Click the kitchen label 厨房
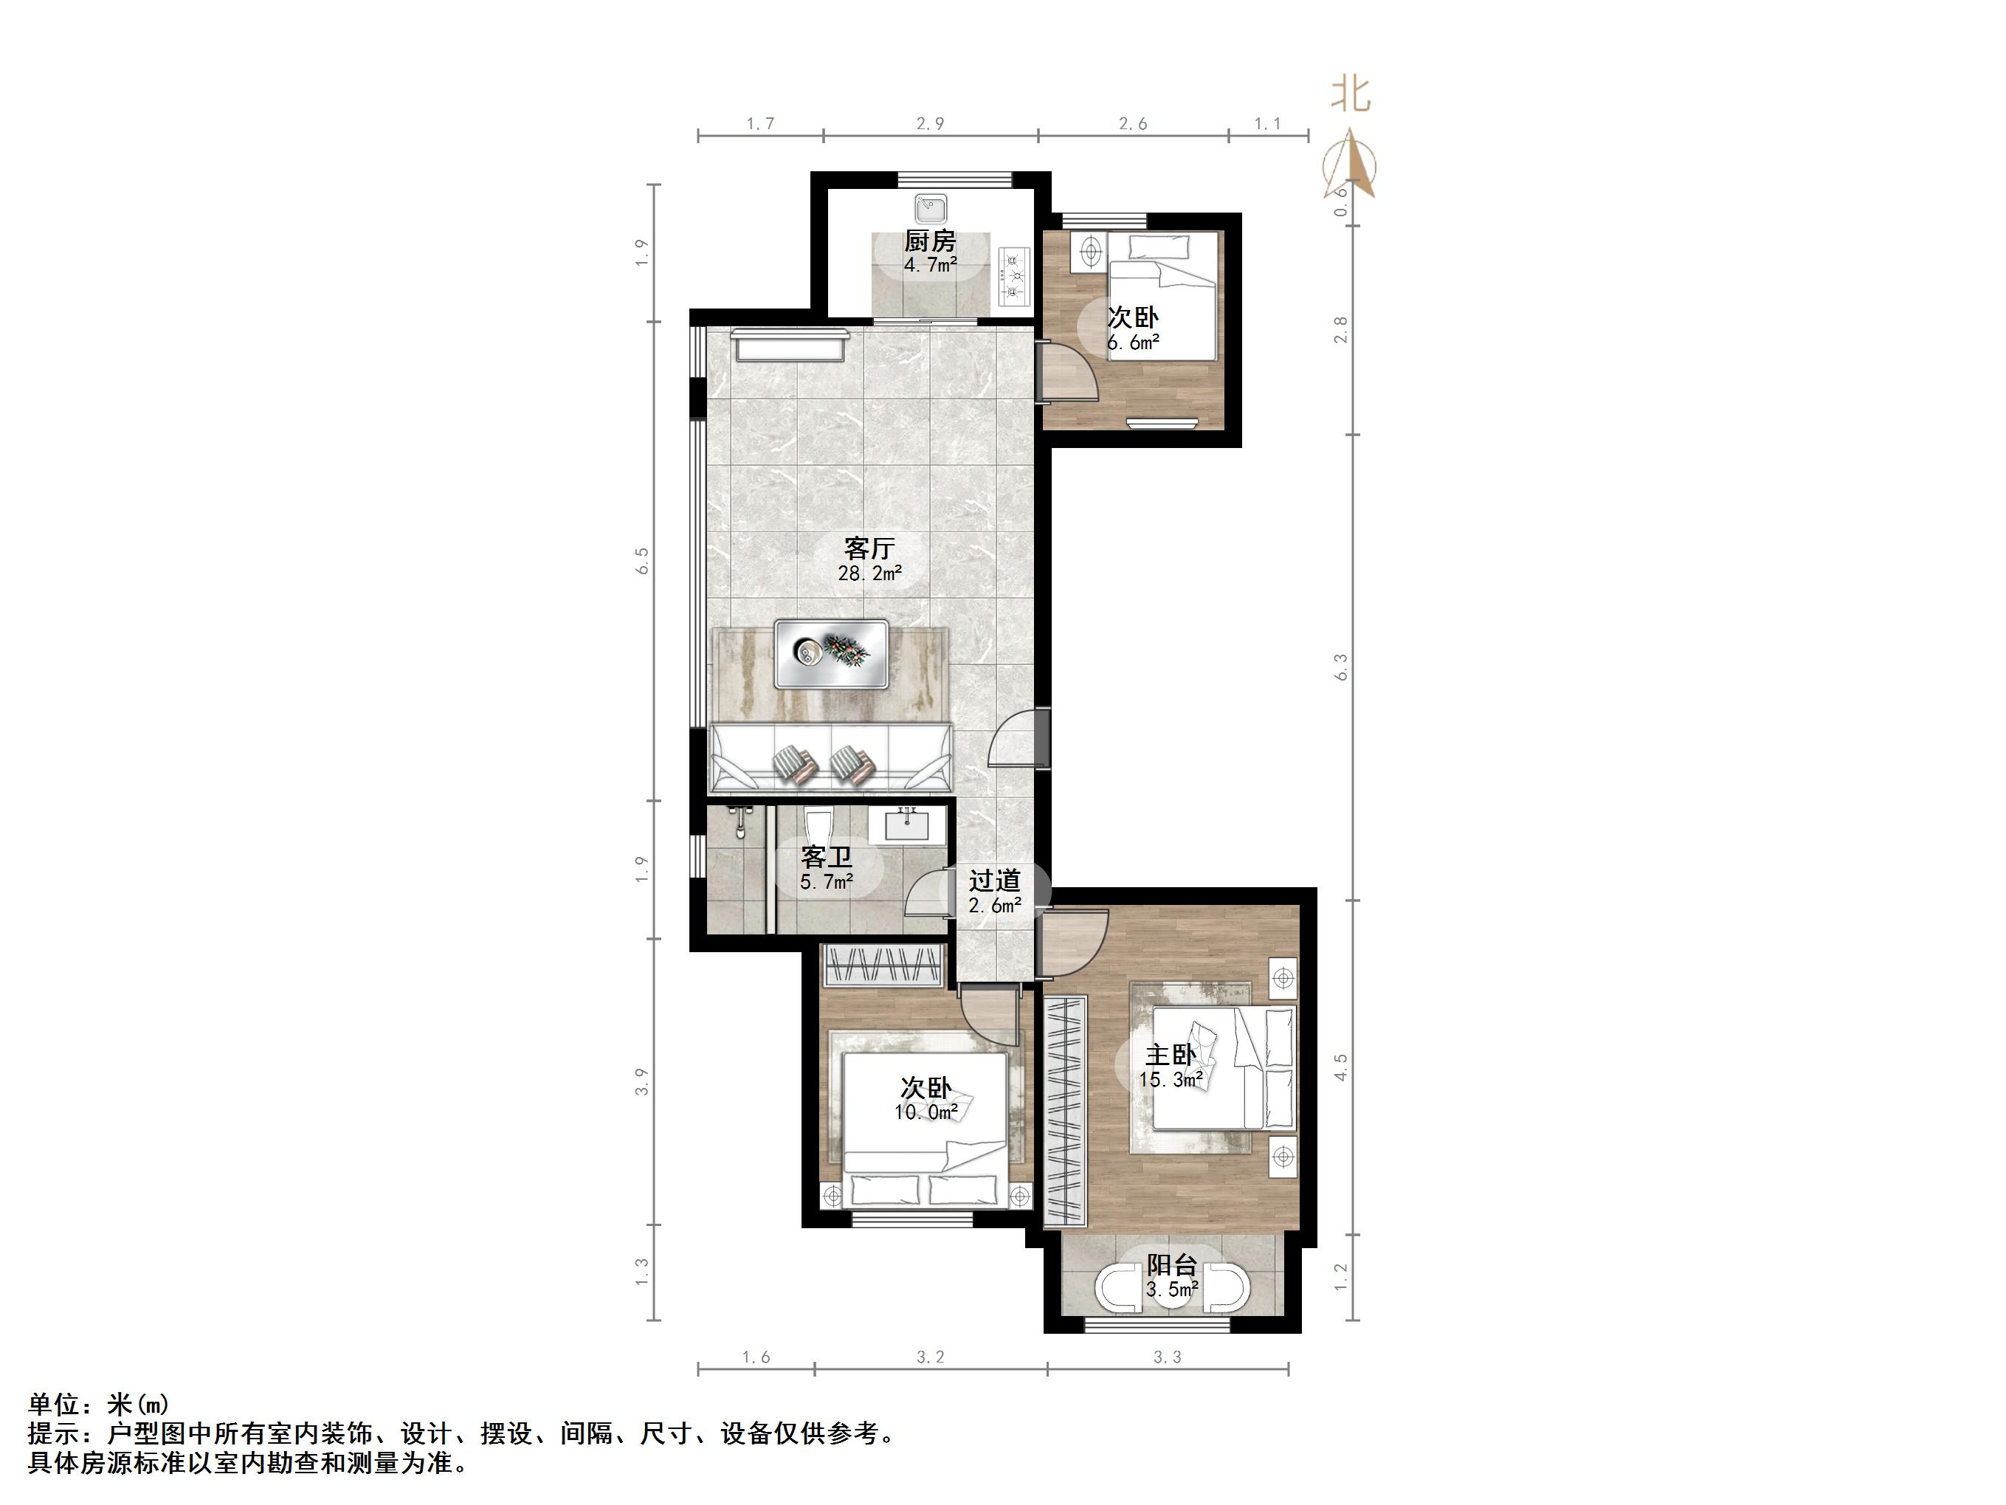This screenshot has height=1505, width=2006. (929, 241)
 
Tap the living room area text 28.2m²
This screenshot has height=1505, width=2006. (869, 574)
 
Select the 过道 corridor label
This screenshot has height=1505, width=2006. (994, 881)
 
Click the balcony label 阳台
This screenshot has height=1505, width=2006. (1172, 1264)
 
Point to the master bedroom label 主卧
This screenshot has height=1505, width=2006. (1170, 1055)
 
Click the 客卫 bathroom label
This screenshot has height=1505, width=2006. (826, 857)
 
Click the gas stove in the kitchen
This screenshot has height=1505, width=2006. (1015, 277)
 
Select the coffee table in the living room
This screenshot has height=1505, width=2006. (831, 653)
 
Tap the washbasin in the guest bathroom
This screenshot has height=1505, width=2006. (906, 825)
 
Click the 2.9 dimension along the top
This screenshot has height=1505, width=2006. (929, 123)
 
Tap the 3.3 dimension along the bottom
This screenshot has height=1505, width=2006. (1167, 1357)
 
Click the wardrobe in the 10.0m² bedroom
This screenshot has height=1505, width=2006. (880, 967)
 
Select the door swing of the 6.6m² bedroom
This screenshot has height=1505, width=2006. (1067, 373)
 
